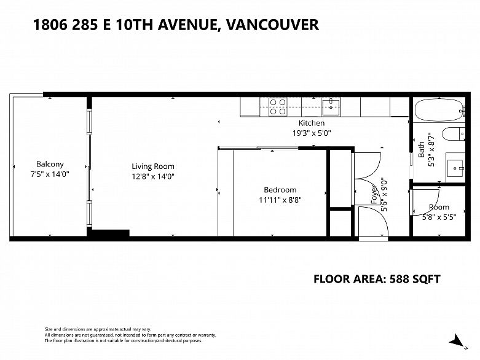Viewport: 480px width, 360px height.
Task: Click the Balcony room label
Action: (50, 164)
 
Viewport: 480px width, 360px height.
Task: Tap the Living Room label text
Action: (153, 166)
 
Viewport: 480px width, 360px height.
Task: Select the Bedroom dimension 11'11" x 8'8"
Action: (280, 200)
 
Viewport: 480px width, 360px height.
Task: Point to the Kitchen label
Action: (312, 123)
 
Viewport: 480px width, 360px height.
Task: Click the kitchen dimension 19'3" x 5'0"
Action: (312, 133)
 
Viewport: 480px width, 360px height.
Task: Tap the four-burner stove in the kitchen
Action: (278, 107)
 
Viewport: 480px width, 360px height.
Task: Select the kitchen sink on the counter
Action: (331, 107)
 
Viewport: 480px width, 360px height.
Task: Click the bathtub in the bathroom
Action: (439, 109)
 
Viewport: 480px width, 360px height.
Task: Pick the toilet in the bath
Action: (454, 134)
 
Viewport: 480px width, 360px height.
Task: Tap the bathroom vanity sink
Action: (456, 168)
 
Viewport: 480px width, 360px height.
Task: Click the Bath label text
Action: (422, 149)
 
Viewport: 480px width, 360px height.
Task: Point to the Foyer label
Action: (374, 195)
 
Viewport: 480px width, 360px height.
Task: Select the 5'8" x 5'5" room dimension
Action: (439, 217)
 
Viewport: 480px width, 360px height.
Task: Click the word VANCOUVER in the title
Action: (272, 25)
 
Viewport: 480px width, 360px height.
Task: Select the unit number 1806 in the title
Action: (50, 25)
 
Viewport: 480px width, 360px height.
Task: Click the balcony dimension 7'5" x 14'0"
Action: (50, 174)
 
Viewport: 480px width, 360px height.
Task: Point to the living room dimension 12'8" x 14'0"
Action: (153, 176)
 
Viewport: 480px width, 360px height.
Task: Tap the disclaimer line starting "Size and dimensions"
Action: (98, 329)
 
